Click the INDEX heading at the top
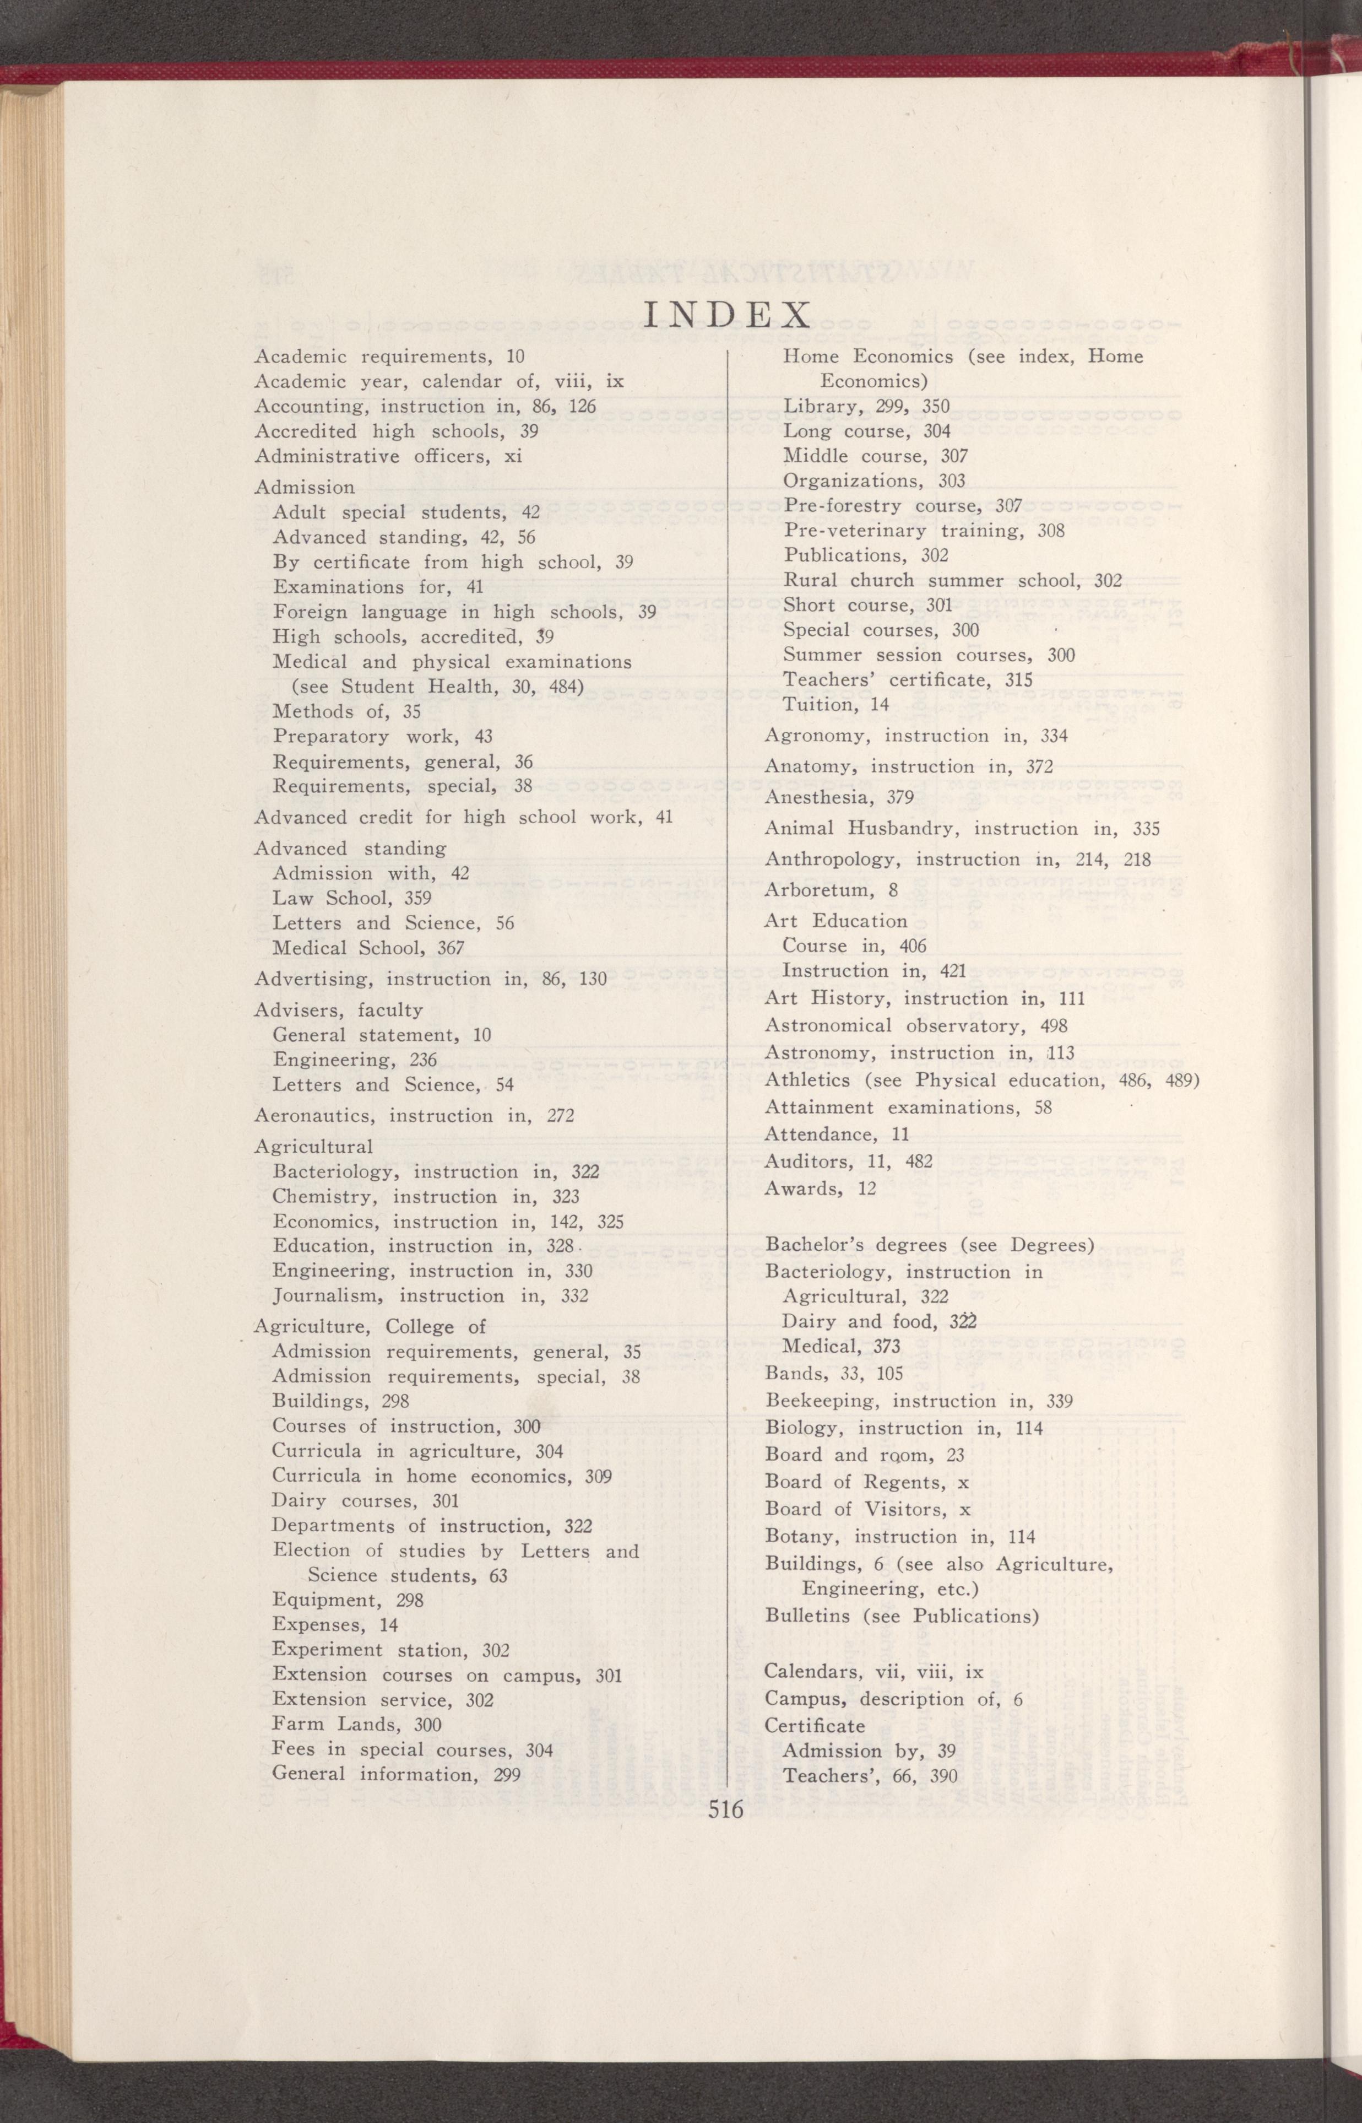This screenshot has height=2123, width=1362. [x=727, y=315]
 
